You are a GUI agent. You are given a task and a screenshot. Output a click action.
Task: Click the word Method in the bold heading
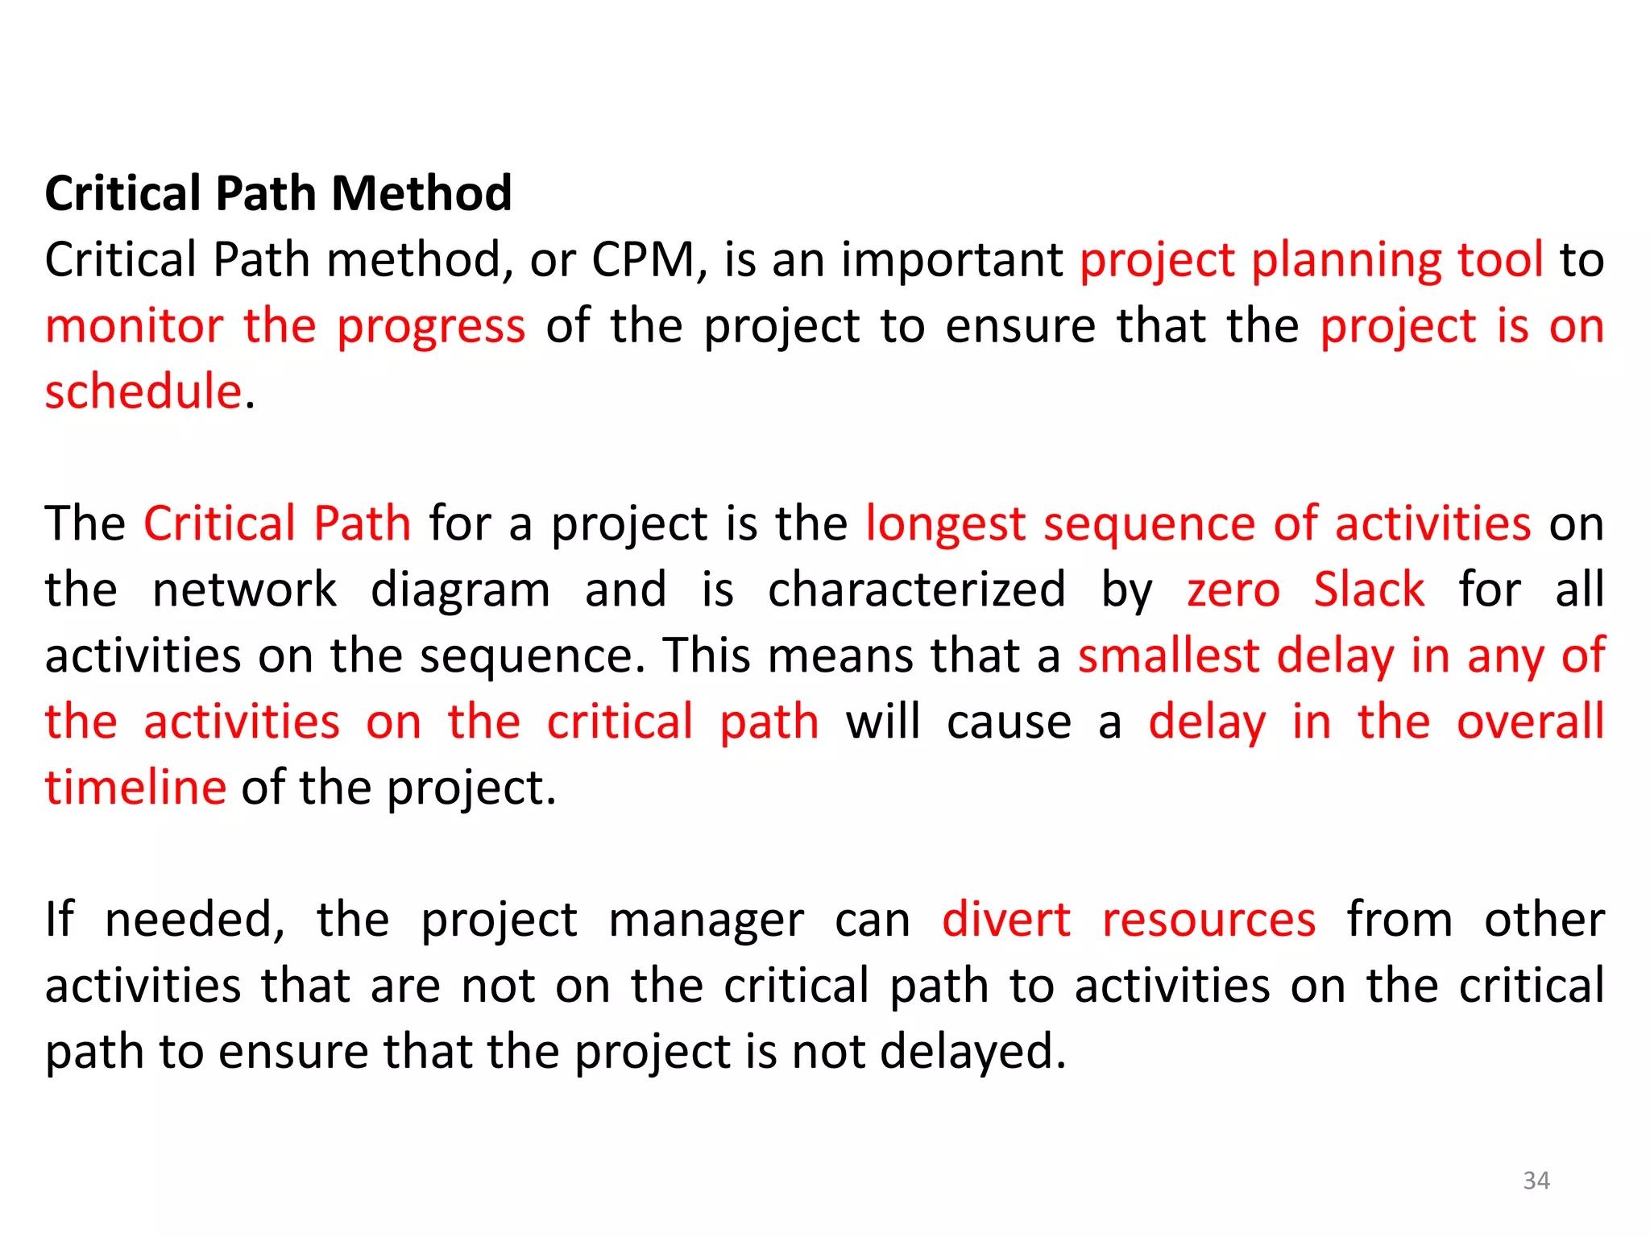pyautogui.click(x=421, y=194)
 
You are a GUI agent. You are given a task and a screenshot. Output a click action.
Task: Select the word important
pyautogui.click(x=952, y=261)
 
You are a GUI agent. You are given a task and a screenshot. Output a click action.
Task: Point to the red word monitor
pyautogui.click(x=134, y=327)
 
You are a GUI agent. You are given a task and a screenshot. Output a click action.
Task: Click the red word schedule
pyautogui.click(x=143, y=392)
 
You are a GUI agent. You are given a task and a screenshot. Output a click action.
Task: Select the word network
pyautogui.click(x=244, y=590)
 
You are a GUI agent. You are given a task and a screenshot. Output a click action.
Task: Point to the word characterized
pyautogui.click(x=917, y=590)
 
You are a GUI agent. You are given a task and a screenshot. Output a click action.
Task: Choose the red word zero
pyautogui.click(x=1233, y=590)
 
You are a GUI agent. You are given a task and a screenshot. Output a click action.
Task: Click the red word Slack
pyautogui.click(x=1369, y=590)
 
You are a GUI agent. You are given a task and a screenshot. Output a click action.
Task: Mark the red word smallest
pyautogui.click(x=1168, y=656)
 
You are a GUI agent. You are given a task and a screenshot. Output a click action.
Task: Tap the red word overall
pyautogui.click(x=1530, y=722)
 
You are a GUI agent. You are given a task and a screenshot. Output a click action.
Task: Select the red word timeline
pyautogui.click(x=135, y=788)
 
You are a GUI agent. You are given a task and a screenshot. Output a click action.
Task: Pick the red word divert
pyautogui.click(x=1006, y=921)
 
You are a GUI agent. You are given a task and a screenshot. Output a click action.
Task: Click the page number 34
pyautogui.click(x=1536, y=1181)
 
